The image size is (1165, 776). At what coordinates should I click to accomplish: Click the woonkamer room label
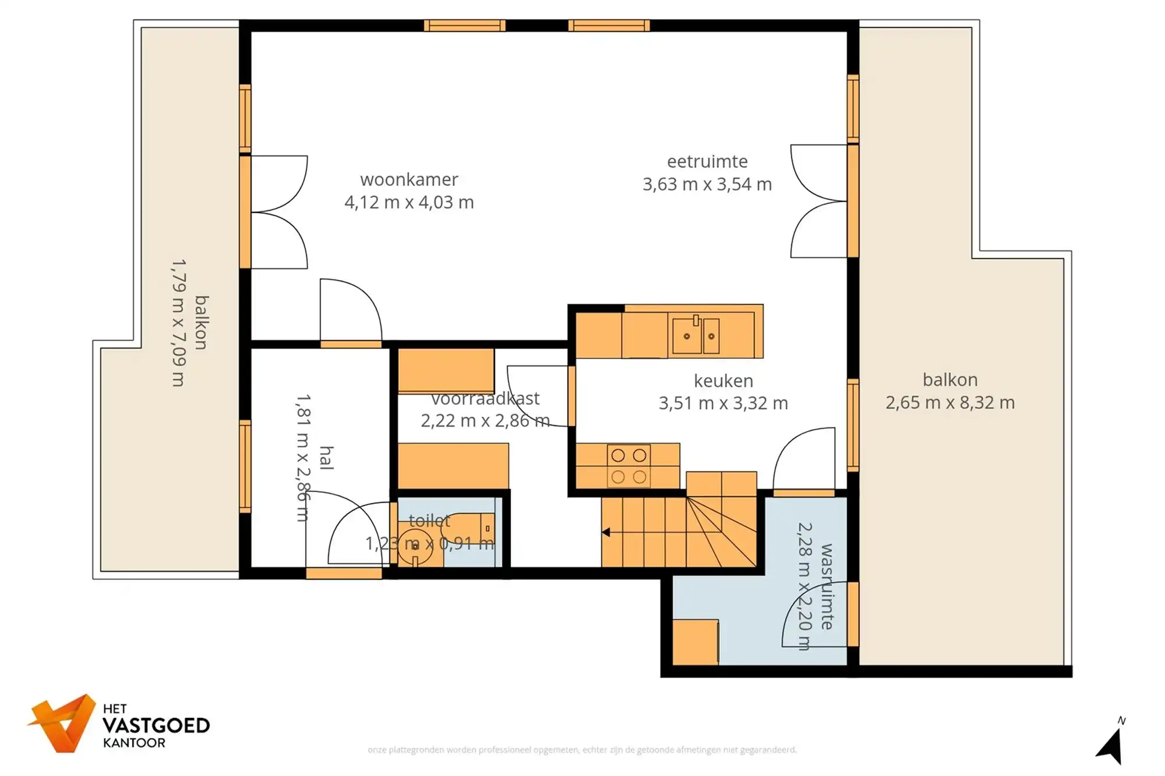pyautogui.click(x=409, y=179)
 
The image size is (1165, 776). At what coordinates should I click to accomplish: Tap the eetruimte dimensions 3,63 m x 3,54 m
pyautogui.click(x=707, y=185)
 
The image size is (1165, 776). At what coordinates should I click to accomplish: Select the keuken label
pyautogui.click(x=723, y=381)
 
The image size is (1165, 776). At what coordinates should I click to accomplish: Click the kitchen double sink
pyautogui.click(x=696, y=335)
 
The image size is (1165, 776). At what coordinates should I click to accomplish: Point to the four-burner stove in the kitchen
pyautogui.click(x=629, y=466)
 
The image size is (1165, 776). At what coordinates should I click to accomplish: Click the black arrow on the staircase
pyautogui.click(x=606, y=532)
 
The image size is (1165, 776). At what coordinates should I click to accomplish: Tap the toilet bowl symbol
pyautogui.click(x=415, y=545)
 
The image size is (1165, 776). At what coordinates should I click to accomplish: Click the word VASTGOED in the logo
pyautogui.click(x=156, y=726)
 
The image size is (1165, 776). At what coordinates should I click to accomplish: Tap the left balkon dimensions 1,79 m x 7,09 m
pyautogui.click(x=179, y=323)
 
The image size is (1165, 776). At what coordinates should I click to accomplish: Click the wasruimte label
pyautogui.click(x=827, y=587)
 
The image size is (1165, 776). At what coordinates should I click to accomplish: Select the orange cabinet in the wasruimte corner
pyautogui.click(x=696, y=642)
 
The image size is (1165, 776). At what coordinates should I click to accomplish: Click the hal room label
pyautogui.click(x=327, y=458)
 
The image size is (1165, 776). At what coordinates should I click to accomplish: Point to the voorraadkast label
pyautogui.click(x=485, y=399)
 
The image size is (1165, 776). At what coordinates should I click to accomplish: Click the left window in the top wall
pyautogui.click(x=464, y=26)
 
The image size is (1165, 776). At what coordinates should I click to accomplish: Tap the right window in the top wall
pyautogui.click(x=609, y=26)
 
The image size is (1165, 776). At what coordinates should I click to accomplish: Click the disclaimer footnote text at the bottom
pyautogui.click(x=582, y=750)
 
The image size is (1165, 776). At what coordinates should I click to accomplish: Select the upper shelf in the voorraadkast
pyautogui.click(x=446, y=370)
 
